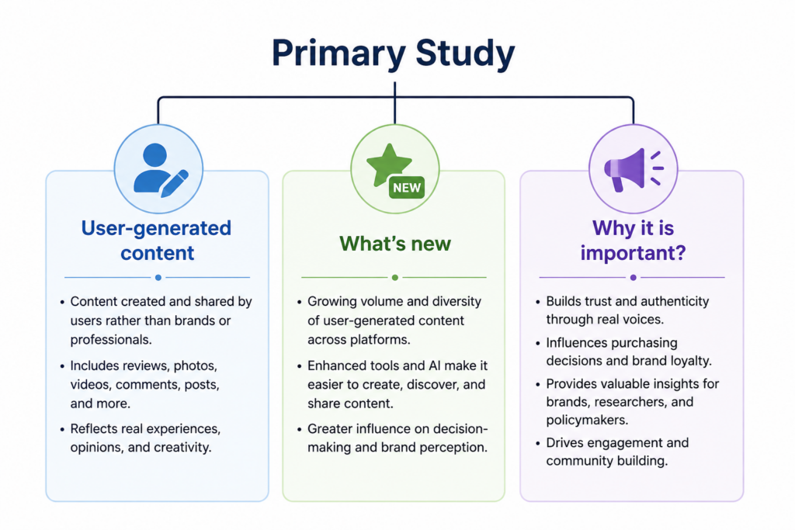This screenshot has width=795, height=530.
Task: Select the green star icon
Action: pyautogui.click(x=389, y=165)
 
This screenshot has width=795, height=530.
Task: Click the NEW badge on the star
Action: pyautogui.click(x=407, y=188)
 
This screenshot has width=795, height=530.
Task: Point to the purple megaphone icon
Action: pyautogui.click(x=634, y=170)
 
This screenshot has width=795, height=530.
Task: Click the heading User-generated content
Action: pyautogui.click(x=157, y=241)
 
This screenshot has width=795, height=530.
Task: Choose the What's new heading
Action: pyautogui.click(x=395, y=244)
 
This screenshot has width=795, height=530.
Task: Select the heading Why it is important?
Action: pyautogui.click(x=634, y=241)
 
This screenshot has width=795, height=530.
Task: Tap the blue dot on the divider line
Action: pyautogui.click(x=158, y=278)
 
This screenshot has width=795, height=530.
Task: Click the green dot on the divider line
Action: pyautogui.click(x=395, y=278)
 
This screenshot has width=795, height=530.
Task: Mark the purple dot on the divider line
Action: pyautogui.click(x=634, y=278)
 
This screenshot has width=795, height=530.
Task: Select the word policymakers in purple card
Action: pyautogui.click(x=587, y=421)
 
